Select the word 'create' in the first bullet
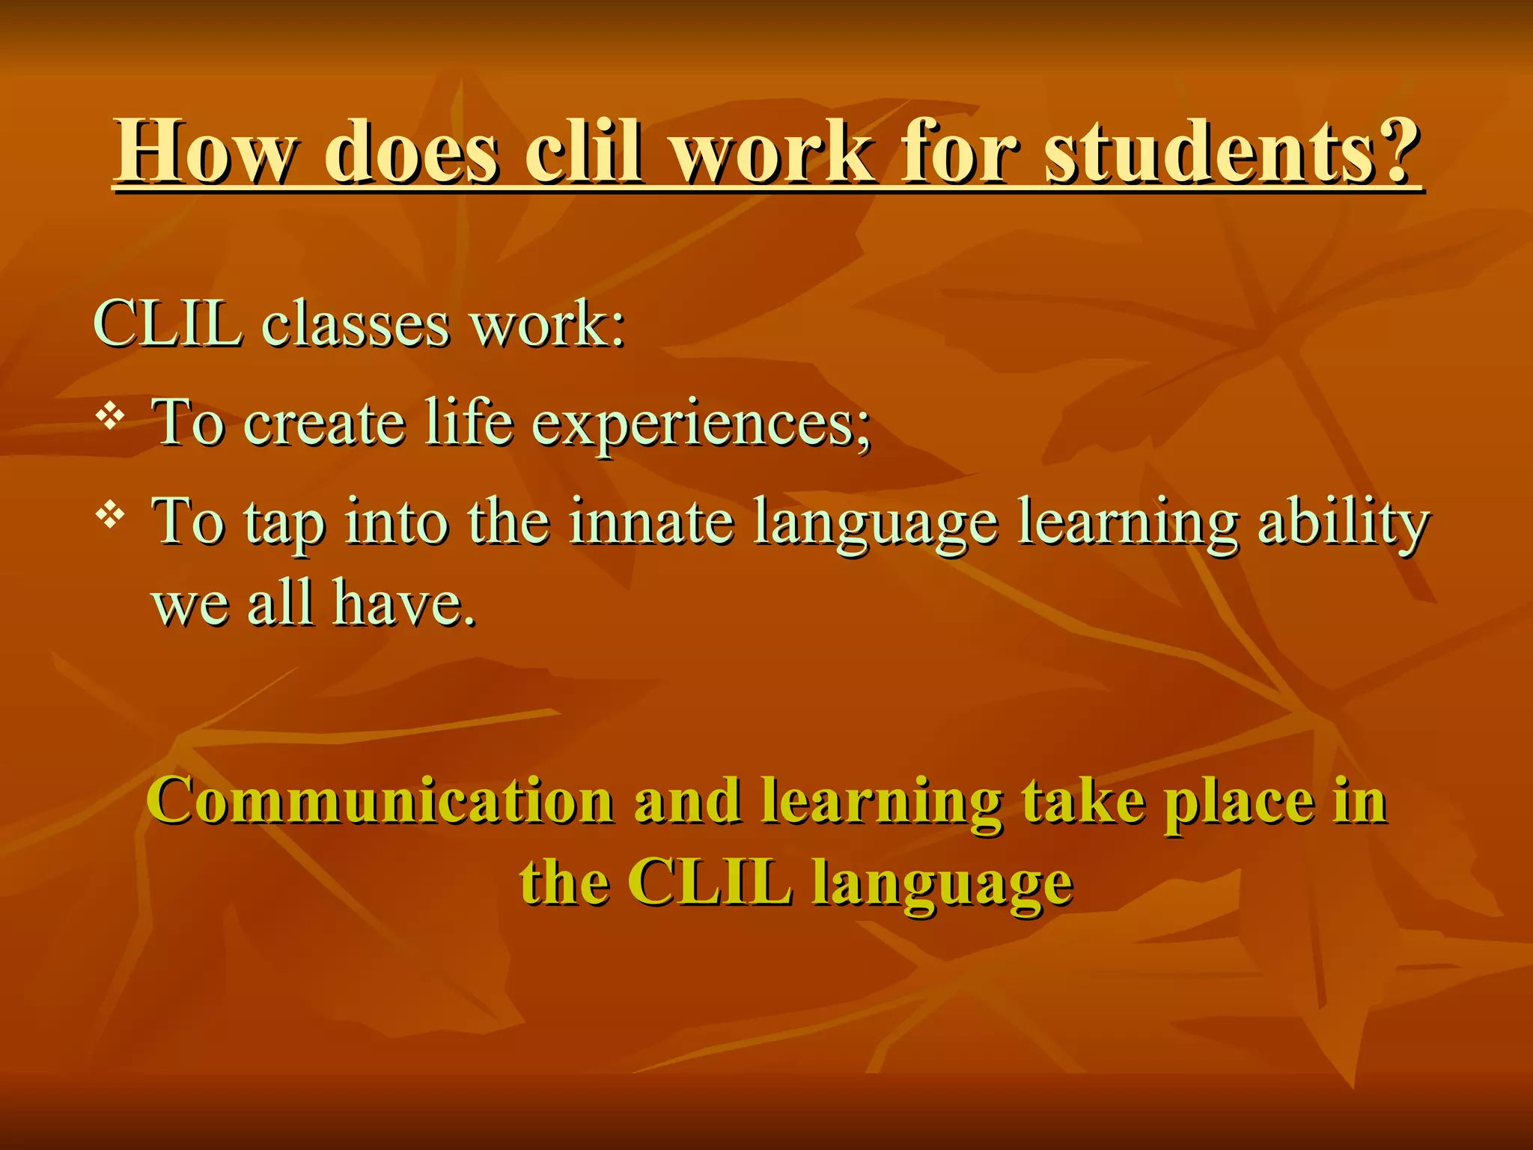pyautogui.click(x=325, y=424)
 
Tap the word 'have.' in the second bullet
pyautogui.click(x=404, y=603)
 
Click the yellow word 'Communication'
pyautogui.click(x=381, y=801)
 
